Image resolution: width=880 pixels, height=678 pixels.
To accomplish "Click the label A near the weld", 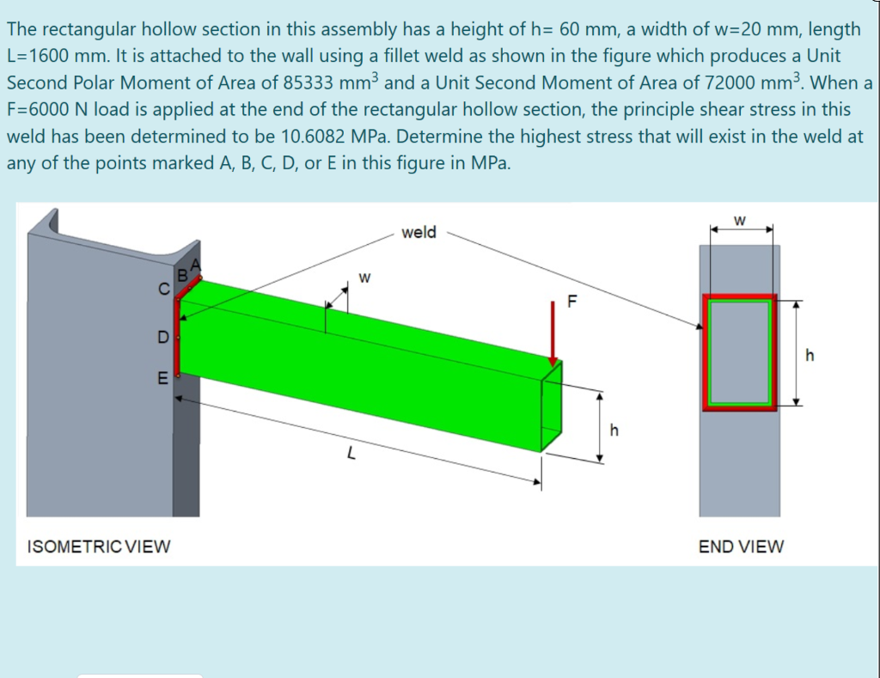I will [195, 264].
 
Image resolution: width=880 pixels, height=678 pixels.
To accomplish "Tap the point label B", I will [182, 276].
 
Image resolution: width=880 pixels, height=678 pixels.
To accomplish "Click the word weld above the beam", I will [419, 232].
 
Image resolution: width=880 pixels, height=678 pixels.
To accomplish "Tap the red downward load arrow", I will [554, 332].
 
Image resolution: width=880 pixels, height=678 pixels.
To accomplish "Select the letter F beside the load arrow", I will [574, 302].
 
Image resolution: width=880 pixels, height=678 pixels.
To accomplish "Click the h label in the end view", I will [808, 353].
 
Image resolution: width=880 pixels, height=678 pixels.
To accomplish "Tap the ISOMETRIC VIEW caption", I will [99, 546].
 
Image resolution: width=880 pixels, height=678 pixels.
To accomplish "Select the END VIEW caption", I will [741, 547].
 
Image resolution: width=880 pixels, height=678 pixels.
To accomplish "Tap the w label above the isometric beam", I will [364, 277].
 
